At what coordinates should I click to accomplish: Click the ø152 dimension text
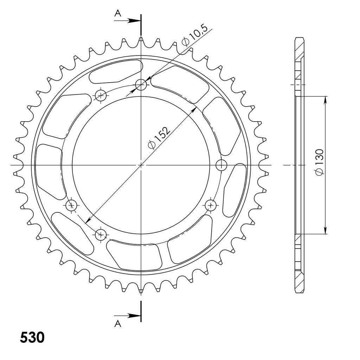coord(159,138)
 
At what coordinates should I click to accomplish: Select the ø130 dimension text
coord(319,162)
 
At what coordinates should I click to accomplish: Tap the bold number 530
coord(32,337)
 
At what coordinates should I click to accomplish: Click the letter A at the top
coord(118,14)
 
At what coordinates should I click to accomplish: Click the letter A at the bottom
coord(118,323)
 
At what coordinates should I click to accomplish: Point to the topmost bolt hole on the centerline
coord(141,85)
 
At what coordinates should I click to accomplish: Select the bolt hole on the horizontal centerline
coord(221,165)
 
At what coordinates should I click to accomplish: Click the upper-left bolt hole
coord(101,95)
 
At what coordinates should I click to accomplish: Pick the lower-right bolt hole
coord(211,205)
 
